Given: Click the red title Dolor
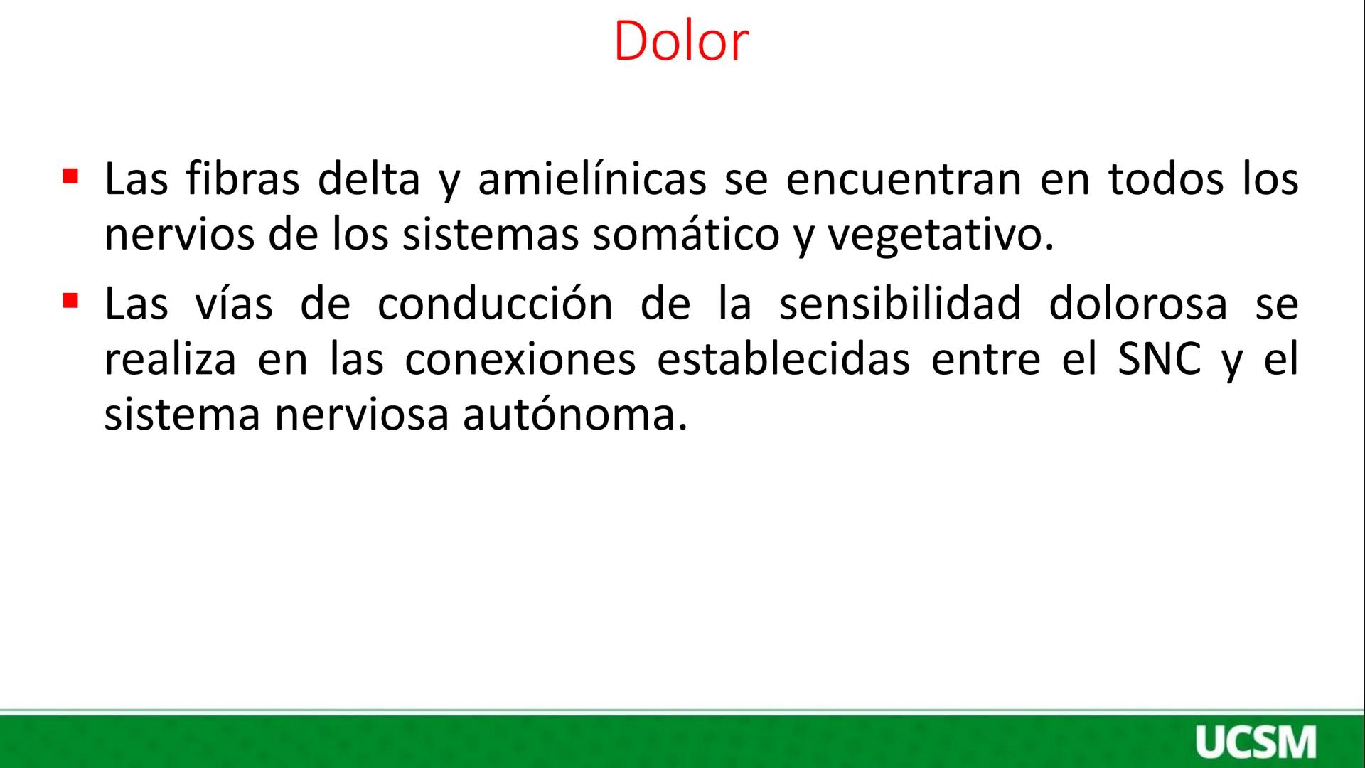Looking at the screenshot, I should click(680, 41).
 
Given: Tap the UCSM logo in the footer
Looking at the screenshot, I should click(1256, 742).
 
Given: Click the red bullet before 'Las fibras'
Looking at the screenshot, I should click(70, 175).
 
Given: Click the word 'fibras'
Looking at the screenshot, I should click(242, 179).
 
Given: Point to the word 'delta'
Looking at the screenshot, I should click(369, 179).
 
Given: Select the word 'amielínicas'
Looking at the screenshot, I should click(591, 179).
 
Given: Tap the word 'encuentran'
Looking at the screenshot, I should click(904, 179).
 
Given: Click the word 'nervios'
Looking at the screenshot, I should click(179, 235).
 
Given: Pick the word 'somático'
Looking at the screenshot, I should click(685, 235).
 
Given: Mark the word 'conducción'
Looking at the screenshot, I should click(495, 304).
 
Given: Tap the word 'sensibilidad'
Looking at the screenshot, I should click(900, 304).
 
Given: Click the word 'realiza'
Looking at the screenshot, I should click(170, 359).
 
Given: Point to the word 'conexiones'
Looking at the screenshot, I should click(520, 359).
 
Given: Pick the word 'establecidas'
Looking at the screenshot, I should click(783, 359).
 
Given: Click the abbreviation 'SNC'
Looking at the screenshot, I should click(1160, 359).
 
